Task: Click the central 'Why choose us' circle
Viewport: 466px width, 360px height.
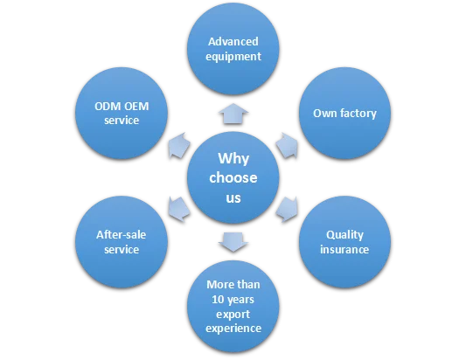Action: [233, 178]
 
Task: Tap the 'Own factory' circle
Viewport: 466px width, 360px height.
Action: [344, 114]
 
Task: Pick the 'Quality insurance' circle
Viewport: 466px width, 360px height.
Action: [344, 242]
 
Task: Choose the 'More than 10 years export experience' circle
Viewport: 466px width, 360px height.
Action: [233, 306]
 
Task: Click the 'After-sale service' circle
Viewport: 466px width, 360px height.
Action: [119, 242]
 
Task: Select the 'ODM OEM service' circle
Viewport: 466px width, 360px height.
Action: [119, 114]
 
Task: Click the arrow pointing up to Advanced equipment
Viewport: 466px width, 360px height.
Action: [233, 112]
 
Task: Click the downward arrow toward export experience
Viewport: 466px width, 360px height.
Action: [233, 242]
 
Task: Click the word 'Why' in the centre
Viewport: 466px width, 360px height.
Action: [233, 159]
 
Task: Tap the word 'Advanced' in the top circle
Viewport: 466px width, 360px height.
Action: [233, 42]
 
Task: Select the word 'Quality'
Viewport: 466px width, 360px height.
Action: [344, 234]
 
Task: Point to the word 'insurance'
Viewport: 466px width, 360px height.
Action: [344, 250]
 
